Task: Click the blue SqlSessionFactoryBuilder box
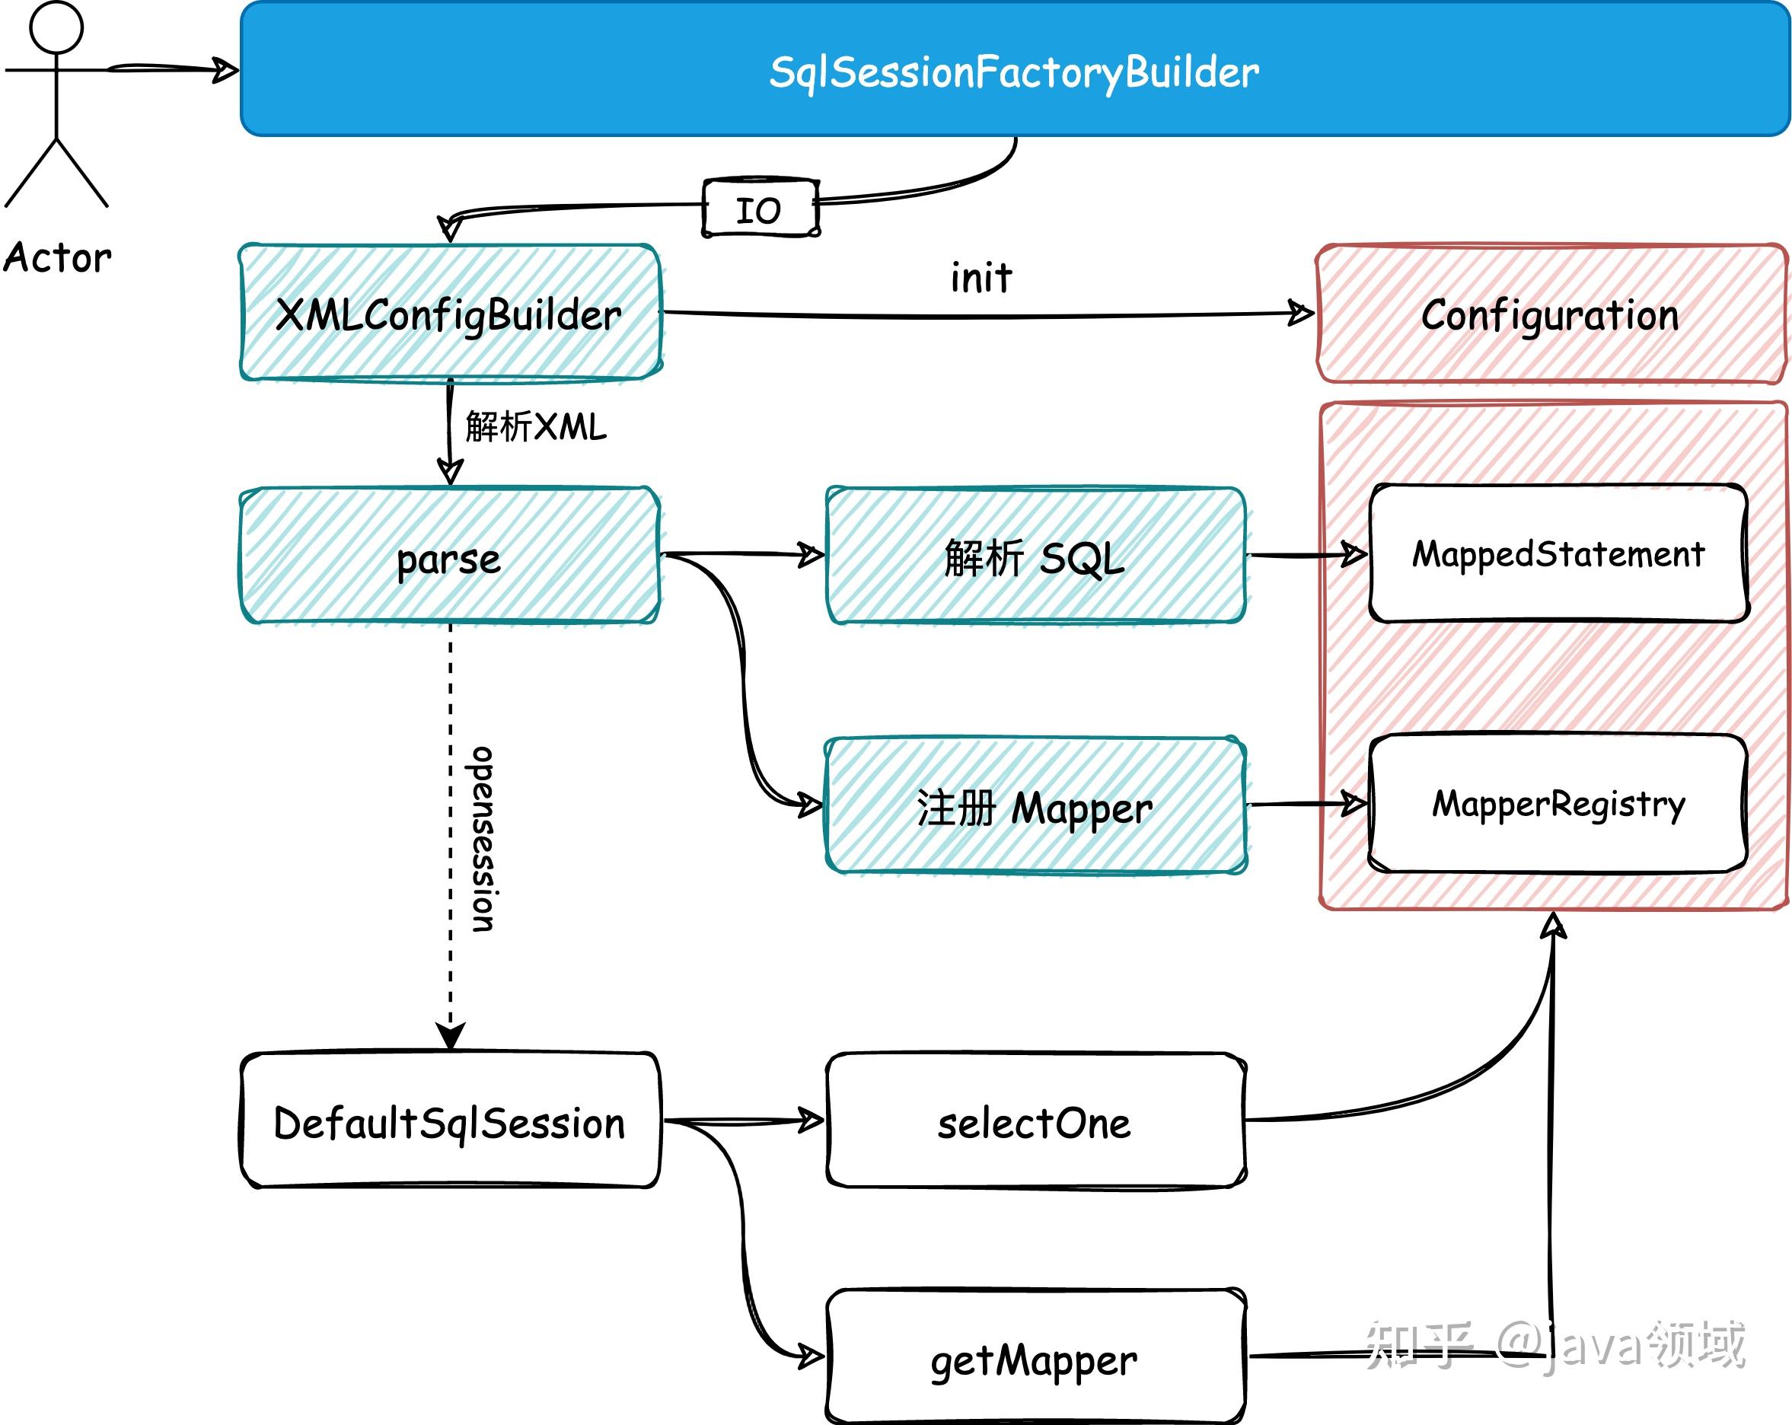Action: click(1014, 71)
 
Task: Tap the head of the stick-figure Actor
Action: click(56, 27)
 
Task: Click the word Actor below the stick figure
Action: click(56, 257)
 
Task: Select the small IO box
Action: click(760, 209)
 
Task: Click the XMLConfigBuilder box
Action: click(450, 314)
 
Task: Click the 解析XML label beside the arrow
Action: click(536, 427)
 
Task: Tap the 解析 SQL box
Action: click(1035, 556)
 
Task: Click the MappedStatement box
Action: click(1558, 554)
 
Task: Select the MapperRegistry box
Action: click(1558, 805)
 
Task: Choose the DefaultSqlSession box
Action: click(450, 1123)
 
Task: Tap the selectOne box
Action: click(1035, 1123)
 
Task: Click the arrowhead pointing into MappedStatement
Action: click(1354, 554)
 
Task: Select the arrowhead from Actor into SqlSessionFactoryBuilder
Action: click(225, 70)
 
